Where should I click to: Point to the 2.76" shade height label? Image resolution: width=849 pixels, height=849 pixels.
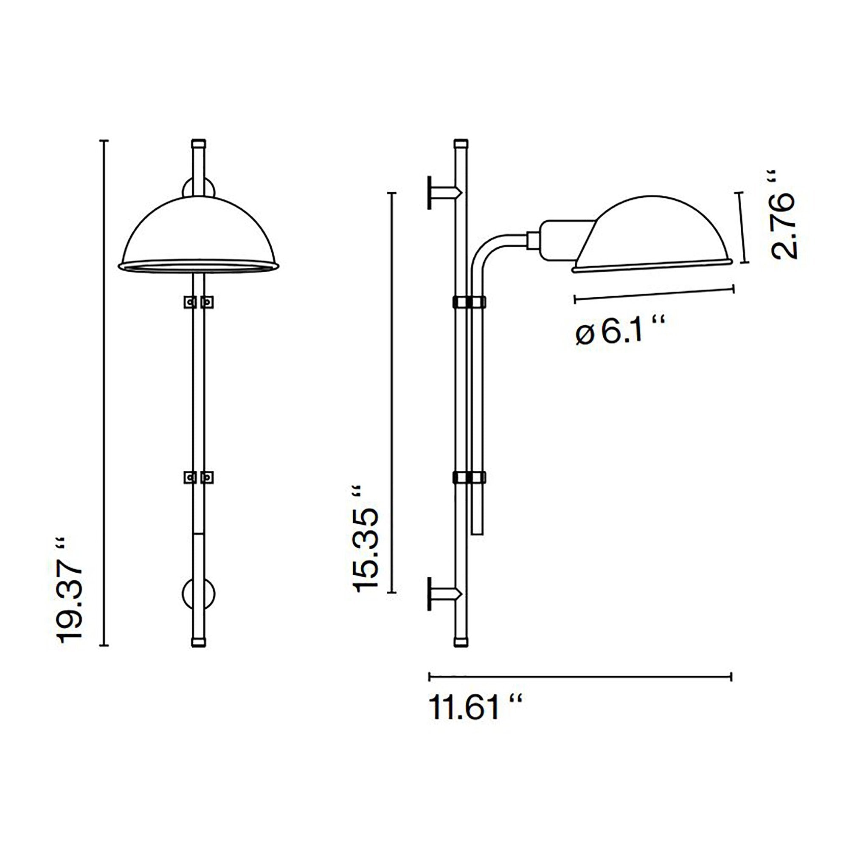pos(784,215)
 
